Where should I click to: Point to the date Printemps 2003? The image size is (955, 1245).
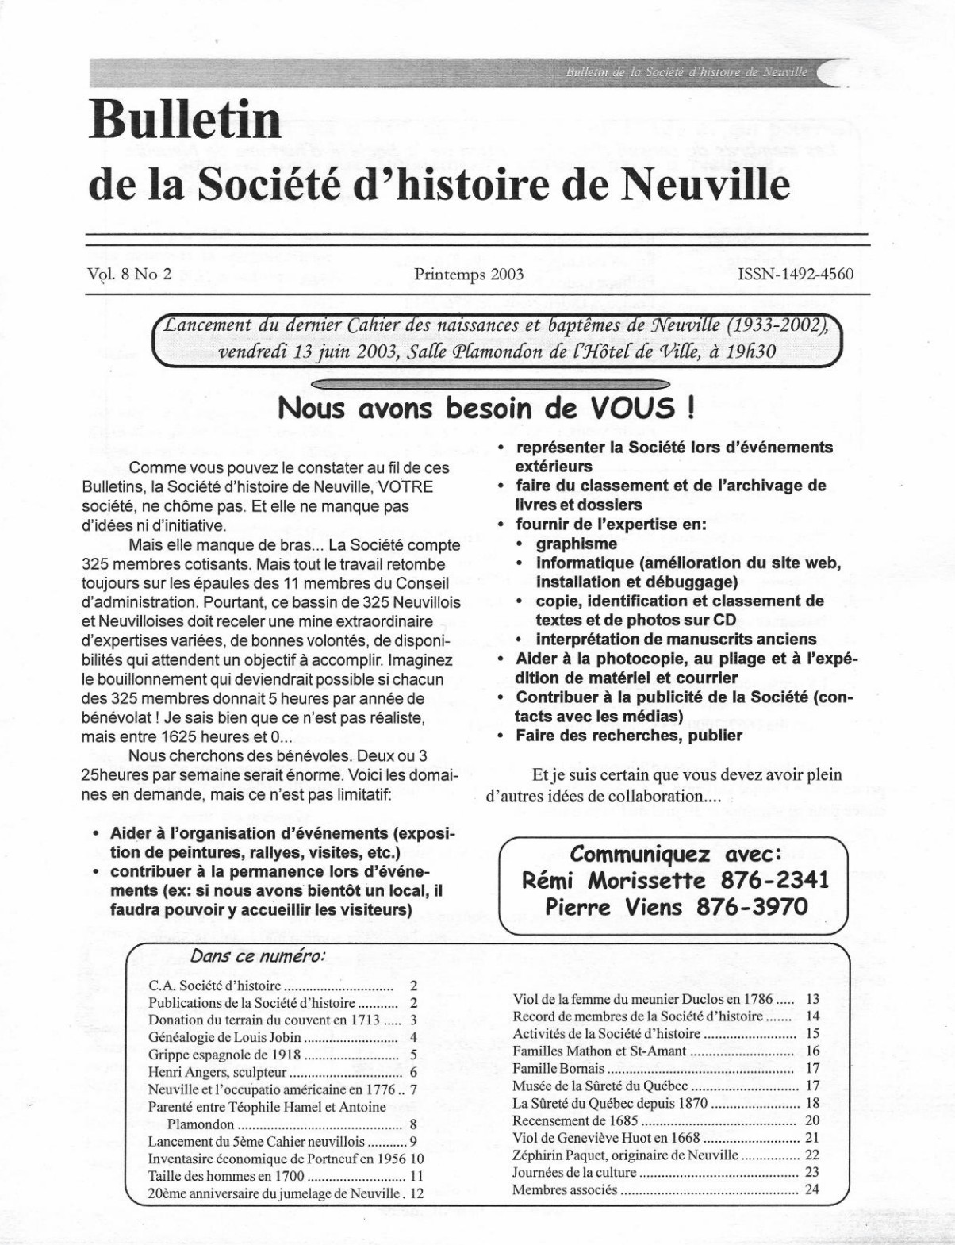(468, 275)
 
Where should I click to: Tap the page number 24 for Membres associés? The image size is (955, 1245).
(812, 1189)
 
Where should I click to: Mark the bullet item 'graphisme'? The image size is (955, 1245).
(577, 544)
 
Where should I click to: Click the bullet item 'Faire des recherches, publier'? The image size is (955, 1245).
(629, 736)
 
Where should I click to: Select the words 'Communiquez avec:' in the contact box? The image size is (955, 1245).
(677, 855)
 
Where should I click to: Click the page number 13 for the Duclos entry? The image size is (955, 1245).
(812, 998)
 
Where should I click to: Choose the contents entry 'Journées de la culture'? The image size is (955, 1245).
(574, 1172)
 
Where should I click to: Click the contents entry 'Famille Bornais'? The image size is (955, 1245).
(558, 1068)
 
